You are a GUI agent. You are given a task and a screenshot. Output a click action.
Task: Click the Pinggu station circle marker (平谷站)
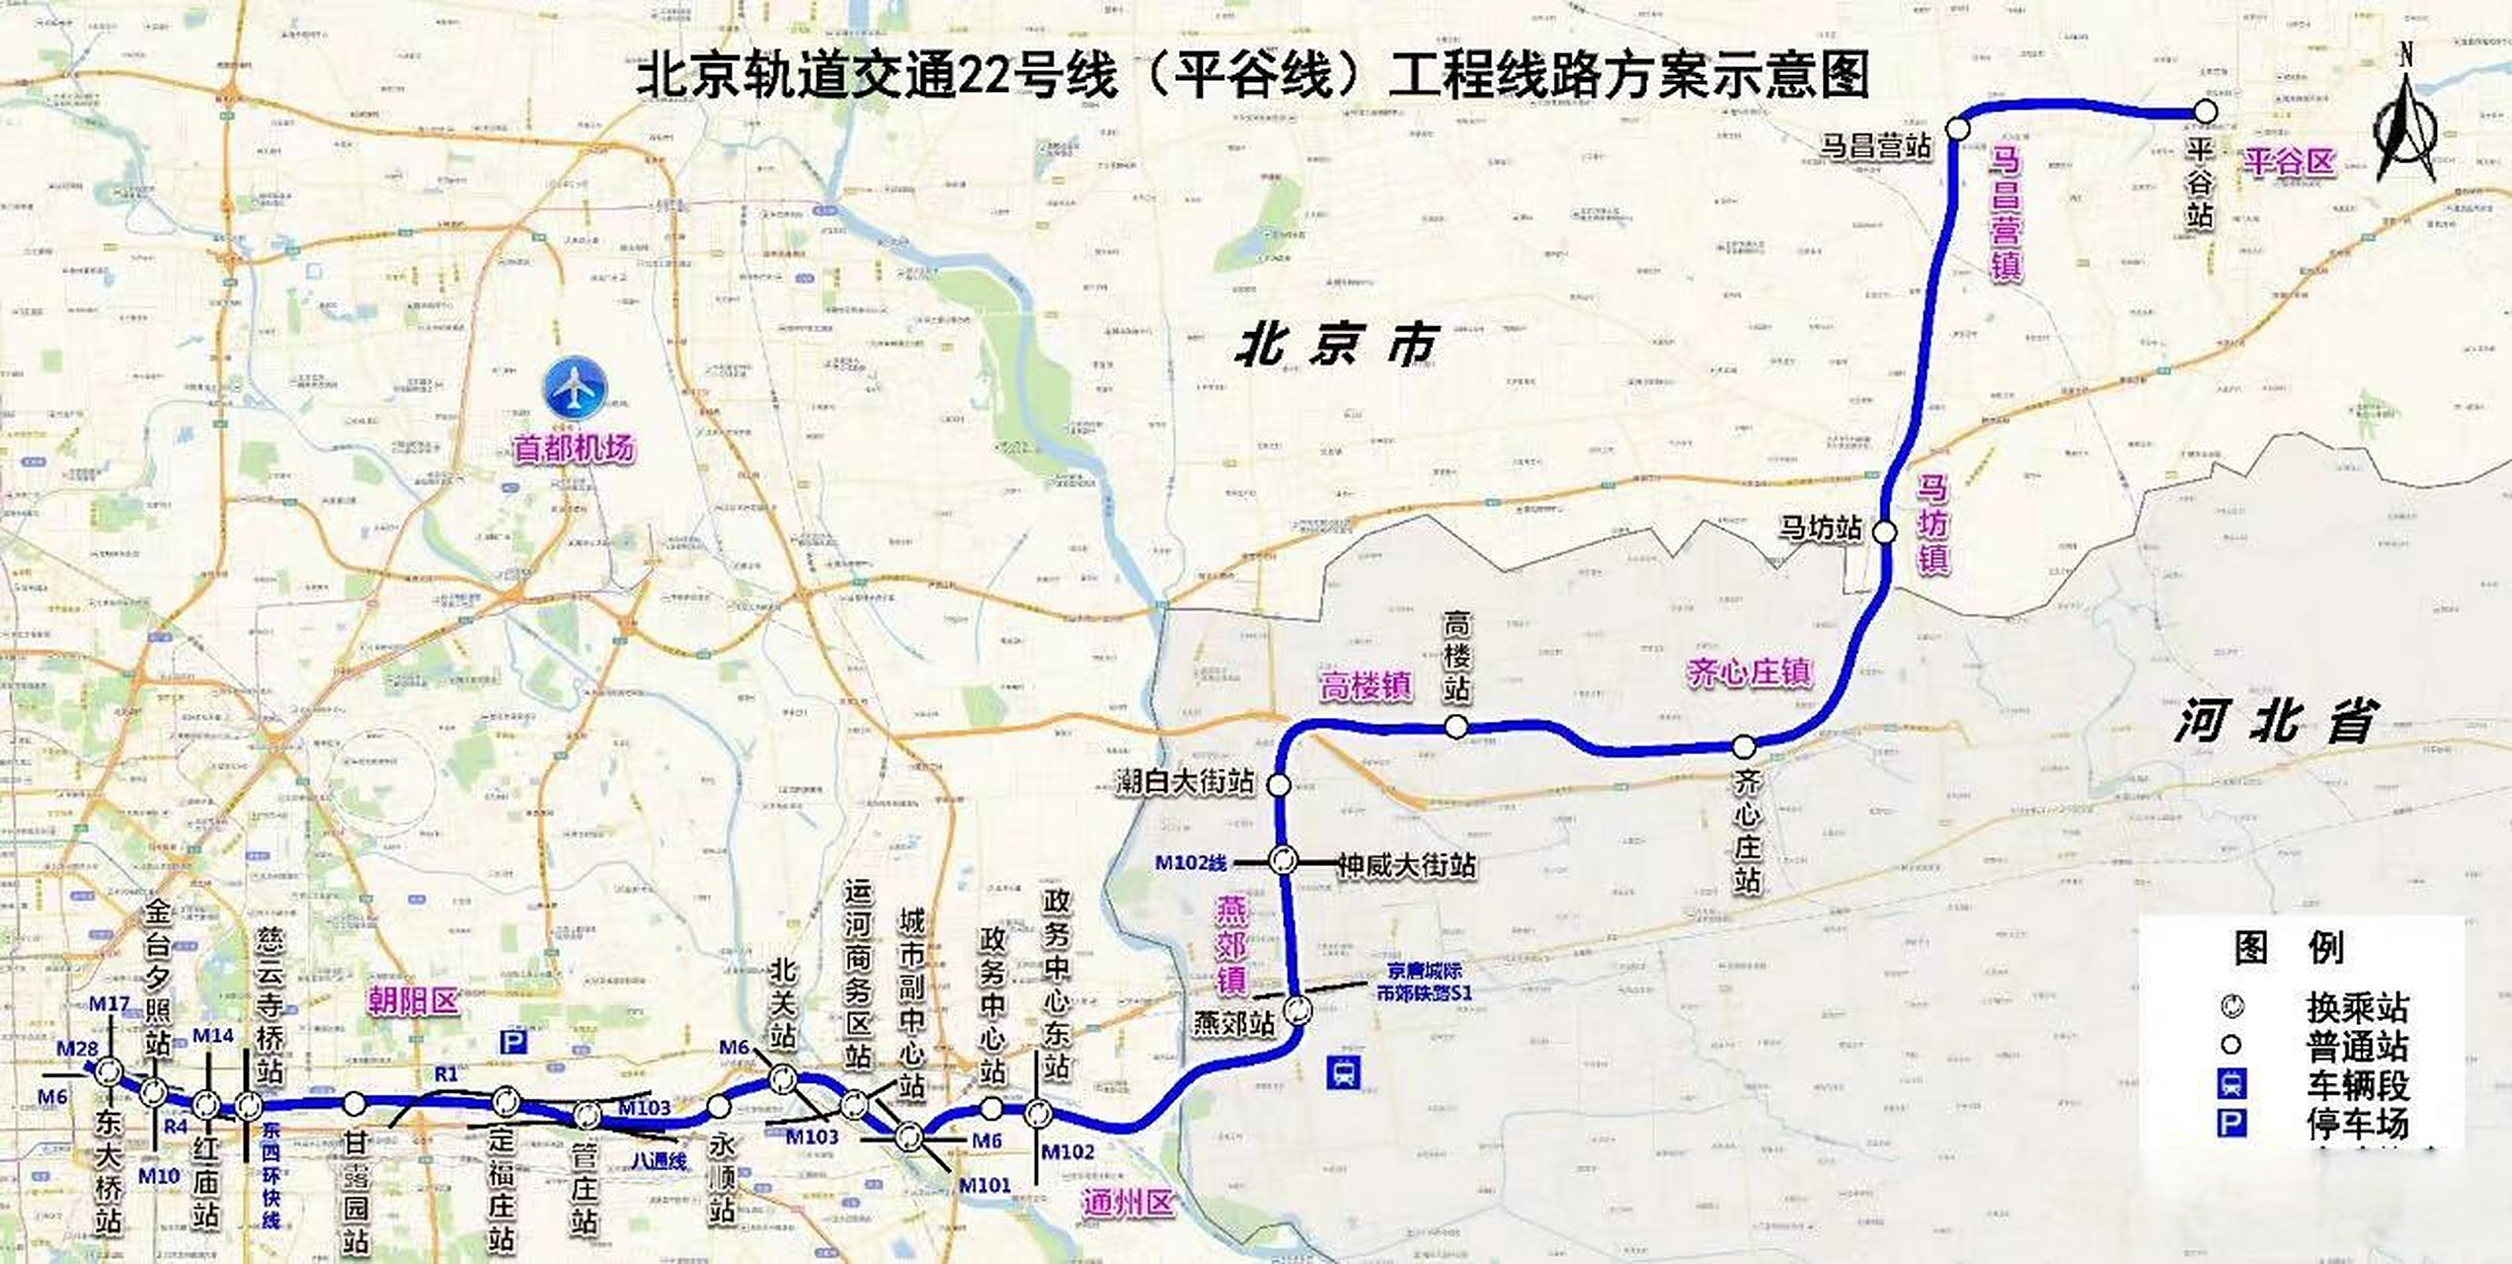click(x=2205, y=112)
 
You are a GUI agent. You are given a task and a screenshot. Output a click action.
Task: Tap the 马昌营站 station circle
click(x=1958, y=128)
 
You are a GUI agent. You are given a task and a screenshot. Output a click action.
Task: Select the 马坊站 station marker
click(x=1885, y=532)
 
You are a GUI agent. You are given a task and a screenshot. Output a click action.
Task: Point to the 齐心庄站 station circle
click(x=1745, y=746)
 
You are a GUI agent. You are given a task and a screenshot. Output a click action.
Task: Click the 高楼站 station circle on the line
click(x=1456, y=728)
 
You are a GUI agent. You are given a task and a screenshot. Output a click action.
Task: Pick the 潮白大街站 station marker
click(x=1279, y=785)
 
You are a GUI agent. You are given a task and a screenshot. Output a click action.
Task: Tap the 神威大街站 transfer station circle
click(x=1284, y=860)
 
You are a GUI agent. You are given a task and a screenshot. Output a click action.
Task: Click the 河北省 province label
click(x=2276, y=721)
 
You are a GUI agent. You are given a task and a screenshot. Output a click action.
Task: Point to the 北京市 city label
click(x=1336, y=346)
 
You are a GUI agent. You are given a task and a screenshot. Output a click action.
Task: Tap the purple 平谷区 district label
click(x=2289, y=161)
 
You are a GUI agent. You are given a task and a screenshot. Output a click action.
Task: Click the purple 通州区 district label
click(x=1127, y=1203)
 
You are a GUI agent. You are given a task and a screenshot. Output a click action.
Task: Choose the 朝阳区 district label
click(x=413, y=1000)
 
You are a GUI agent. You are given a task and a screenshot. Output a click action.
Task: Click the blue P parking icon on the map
click(x=512, y=1042)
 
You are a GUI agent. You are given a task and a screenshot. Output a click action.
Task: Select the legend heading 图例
click(x=2289, y=948)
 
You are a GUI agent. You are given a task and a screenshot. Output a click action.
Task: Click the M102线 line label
click(x=1191, y=863)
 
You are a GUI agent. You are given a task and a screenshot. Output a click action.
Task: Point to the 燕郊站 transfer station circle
click(x=1297, y=1010)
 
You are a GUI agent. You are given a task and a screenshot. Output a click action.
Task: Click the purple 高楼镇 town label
click(x=1366, y=684)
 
